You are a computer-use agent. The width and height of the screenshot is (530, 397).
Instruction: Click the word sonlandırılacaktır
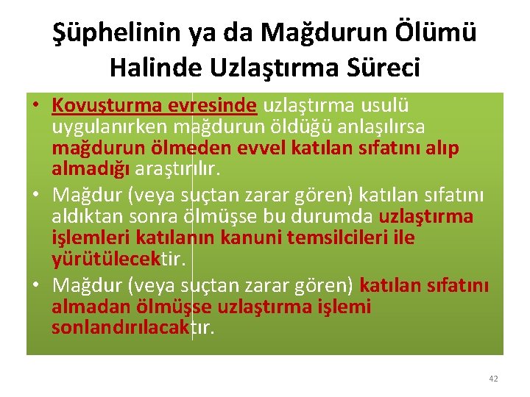(133, 327)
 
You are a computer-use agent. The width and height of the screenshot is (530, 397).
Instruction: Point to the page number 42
(493, 379)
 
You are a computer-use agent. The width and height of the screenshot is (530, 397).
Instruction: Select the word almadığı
(91, 169)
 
